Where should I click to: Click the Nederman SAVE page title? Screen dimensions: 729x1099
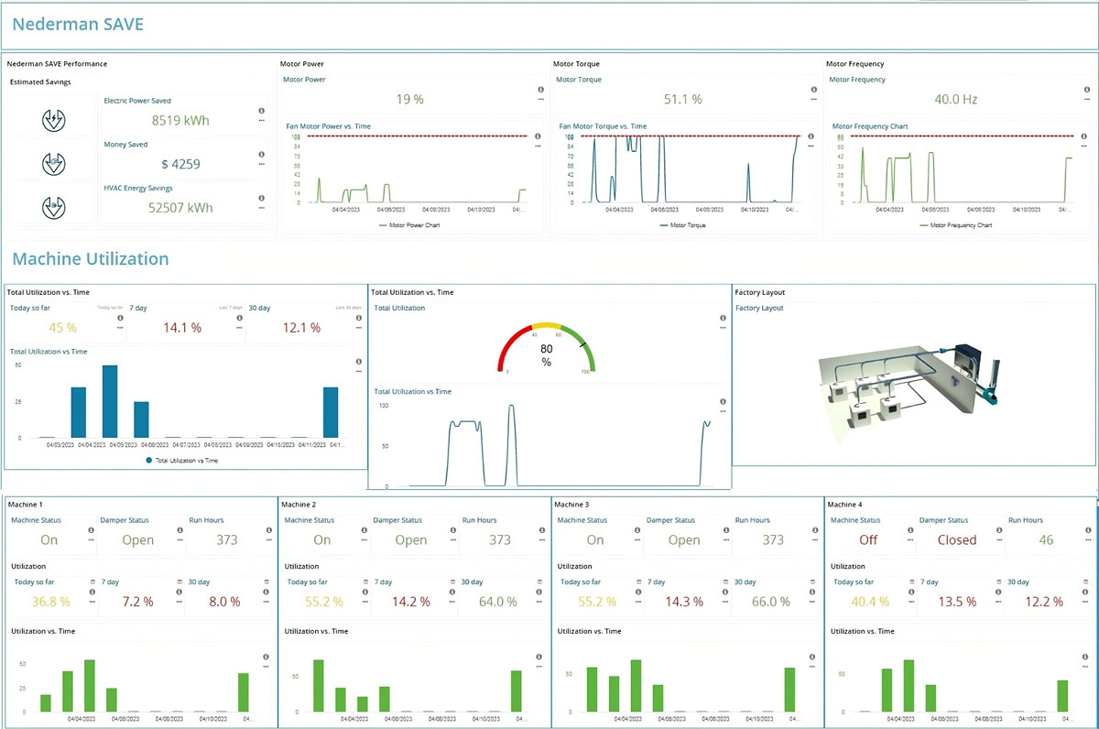click(x=78, y=24)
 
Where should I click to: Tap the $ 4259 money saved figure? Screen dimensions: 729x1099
click(x=180, y=164)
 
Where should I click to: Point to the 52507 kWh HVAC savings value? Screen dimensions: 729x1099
click(x=180, y=208)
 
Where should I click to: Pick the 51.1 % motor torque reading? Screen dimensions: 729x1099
click(x=682, y=99)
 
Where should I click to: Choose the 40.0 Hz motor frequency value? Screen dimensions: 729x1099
click(x=955, y=99)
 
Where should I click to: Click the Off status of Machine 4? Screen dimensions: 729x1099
click(x=868, y=540)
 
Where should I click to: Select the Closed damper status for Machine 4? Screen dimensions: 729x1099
click(x=957, y=540)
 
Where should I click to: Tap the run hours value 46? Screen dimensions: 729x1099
click(x=1046, y=540)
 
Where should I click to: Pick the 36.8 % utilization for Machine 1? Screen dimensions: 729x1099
click(x=50, y=602)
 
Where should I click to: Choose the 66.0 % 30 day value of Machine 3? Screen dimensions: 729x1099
click(x=771, y=602)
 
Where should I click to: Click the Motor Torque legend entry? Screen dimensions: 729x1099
click(x=682, y=225)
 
